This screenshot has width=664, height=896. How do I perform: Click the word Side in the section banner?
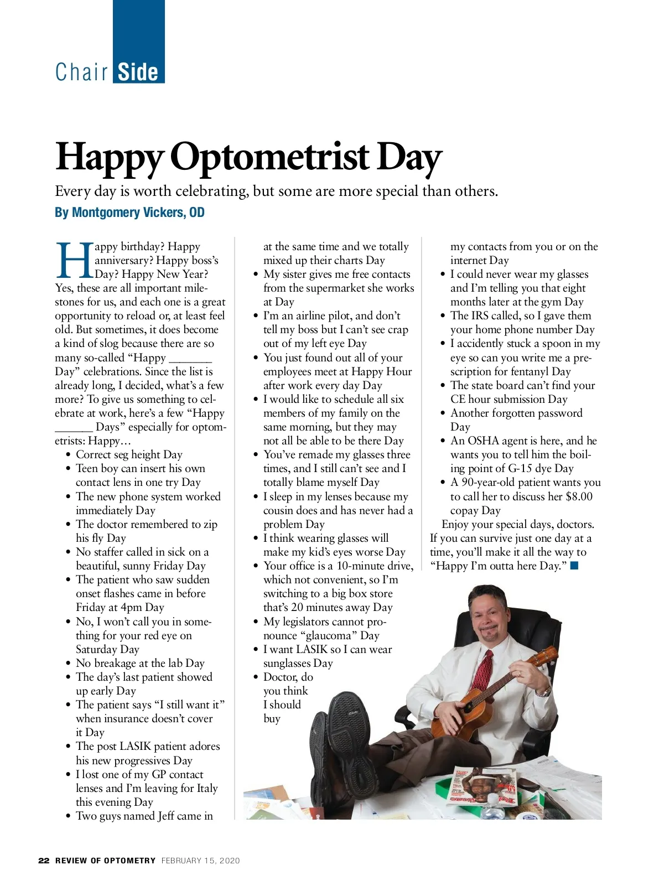point(138,72)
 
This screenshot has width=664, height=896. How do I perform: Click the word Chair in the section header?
point(81,72)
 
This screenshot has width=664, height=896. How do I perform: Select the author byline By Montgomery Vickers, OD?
point(129,213)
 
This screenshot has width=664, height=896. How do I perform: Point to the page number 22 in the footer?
point(44,861)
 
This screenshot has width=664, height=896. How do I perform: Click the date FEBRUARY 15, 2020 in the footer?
point(200,861)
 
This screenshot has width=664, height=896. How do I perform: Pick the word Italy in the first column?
point(207,788)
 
